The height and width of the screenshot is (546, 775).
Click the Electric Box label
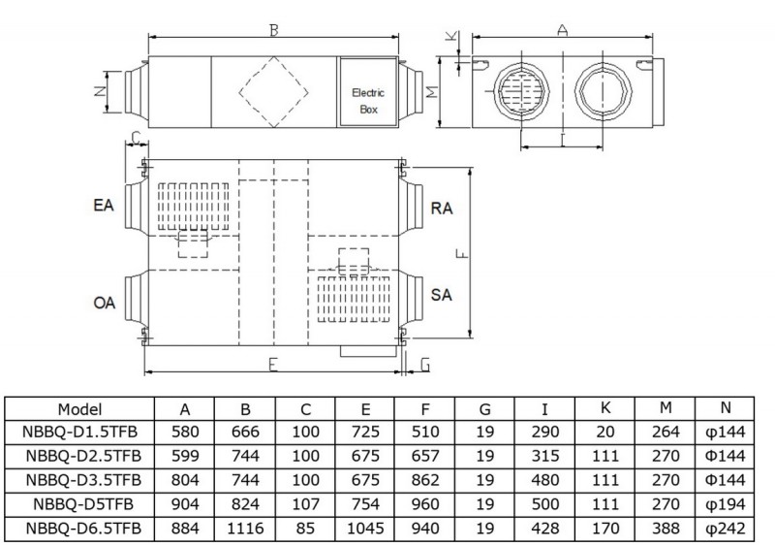(367, 101)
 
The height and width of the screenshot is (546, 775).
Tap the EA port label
(105, 207)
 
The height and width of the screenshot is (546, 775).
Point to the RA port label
(443, 209)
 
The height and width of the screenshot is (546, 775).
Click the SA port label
(443, 293)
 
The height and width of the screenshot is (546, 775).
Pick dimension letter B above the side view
(275, 31)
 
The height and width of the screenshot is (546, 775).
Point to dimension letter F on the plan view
(462, 255)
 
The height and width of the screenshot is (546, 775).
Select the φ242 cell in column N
(733, 527)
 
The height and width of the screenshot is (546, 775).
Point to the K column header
(605, 408)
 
